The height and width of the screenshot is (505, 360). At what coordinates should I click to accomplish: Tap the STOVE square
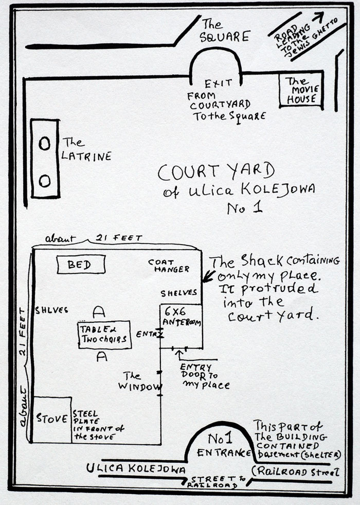click(x=51, y=419)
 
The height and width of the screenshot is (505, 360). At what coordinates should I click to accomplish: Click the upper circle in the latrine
click(x=45, y=143)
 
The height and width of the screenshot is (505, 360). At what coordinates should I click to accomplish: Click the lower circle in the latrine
click(x=45, y=180)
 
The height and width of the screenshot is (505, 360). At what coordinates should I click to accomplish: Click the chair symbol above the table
click(x=100, y=311)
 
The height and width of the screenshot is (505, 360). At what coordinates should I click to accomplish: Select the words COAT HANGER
click(x=169, y=265)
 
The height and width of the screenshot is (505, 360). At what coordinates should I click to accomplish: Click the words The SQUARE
click(x=224, y=31)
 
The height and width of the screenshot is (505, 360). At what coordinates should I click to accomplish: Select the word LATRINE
click(x=86, y=156)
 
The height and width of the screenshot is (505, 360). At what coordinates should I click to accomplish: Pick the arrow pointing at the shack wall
click(x=207, y=278)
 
